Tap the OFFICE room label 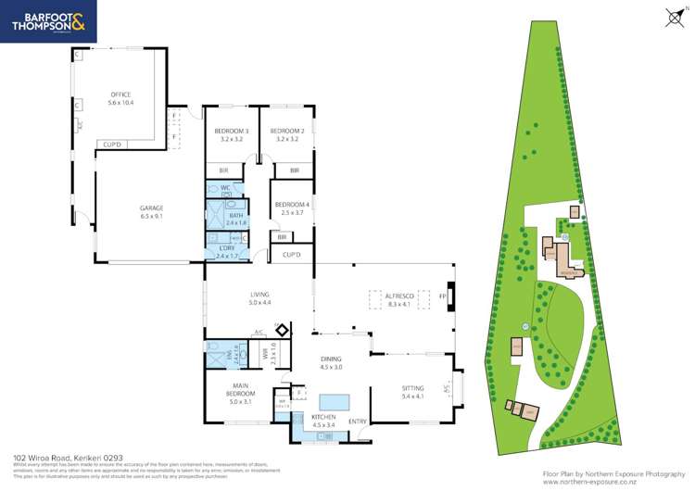(x=120, y=94)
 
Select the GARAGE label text (x=151, y=208)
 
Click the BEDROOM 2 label (x=284, y=132)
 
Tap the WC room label (x=225, y=188)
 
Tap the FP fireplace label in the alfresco (x=442, y=297)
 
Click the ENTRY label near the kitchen (x=358, y=422)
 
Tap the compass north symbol (x=674, y=16)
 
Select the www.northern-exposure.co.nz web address (x=613, y=481)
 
